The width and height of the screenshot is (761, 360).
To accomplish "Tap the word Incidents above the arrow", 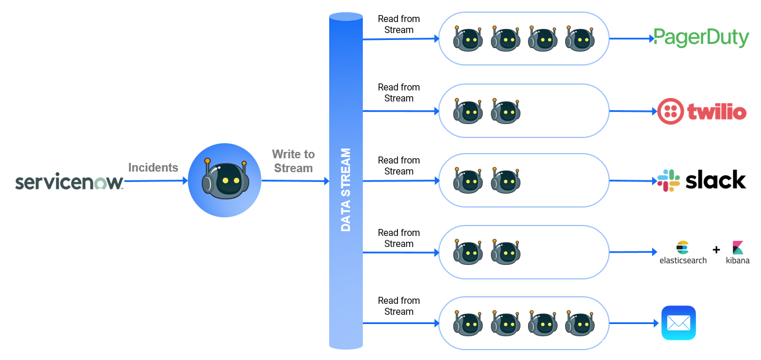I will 153,168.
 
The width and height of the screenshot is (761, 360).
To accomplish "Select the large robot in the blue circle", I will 225,180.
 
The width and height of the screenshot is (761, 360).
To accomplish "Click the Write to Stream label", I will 293,161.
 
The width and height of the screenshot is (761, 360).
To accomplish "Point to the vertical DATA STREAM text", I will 346,190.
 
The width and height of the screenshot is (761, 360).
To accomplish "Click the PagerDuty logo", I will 701,38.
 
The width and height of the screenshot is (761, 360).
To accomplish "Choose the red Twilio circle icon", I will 671,111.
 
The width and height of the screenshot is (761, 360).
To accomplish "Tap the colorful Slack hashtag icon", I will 668,180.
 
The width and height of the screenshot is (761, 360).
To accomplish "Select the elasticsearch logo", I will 683,253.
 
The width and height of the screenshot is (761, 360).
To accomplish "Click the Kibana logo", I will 737,253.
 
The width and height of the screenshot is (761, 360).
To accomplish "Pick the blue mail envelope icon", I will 678,323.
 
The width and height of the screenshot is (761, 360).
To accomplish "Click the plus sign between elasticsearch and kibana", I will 716,250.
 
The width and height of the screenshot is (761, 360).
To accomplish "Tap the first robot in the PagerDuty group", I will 468,39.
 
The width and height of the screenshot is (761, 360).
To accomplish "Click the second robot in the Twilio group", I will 505,111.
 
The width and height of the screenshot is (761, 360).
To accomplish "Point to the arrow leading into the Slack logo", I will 632,181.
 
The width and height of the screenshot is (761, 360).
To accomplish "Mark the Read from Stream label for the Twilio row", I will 399,93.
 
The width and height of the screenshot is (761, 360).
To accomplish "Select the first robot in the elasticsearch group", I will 468,253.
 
